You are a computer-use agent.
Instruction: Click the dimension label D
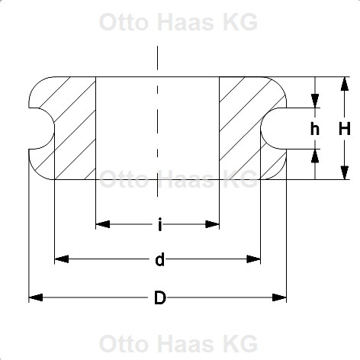point(160,297)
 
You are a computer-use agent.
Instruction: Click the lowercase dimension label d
point(159,259)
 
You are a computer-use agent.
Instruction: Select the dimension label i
point(159,224)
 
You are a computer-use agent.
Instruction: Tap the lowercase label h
point(315,128)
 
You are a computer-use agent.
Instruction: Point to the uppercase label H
point(345,128)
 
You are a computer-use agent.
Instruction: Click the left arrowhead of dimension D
point(36,297)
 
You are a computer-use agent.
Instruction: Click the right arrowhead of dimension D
point(279,297)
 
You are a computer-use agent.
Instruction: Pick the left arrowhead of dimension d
point(62,259)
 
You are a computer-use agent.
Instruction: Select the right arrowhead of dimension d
point(253,259)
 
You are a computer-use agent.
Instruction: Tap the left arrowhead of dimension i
point(103,224)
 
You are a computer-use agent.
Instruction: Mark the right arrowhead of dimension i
point(212,224)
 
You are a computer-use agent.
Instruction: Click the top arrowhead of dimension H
point(345,84)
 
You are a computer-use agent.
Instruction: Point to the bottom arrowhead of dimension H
point(345,172)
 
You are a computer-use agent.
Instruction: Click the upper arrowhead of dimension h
point(315,101)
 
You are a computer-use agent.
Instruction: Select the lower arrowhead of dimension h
point(315,156)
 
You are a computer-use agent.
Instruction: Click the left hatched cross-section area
point(74,127)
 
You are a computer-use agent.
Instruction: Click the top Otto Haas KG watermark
point(178,22)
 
